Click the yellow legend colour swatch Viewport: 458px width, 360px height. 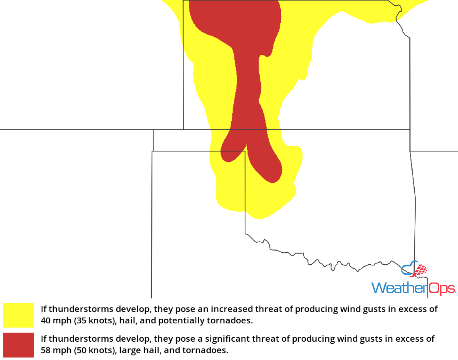coord(18,315)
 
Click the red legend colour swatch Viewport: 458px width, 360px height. coord(18,345)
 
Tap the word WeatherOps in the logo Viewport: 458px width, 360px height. coord(413,288)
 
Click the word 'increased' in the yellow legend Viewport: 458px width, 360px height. coord(229,309)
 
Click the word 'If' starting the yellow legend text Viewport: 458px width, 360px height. coord(43,309)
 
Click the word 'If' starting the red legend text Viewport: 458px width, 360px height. coord(43,339)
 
